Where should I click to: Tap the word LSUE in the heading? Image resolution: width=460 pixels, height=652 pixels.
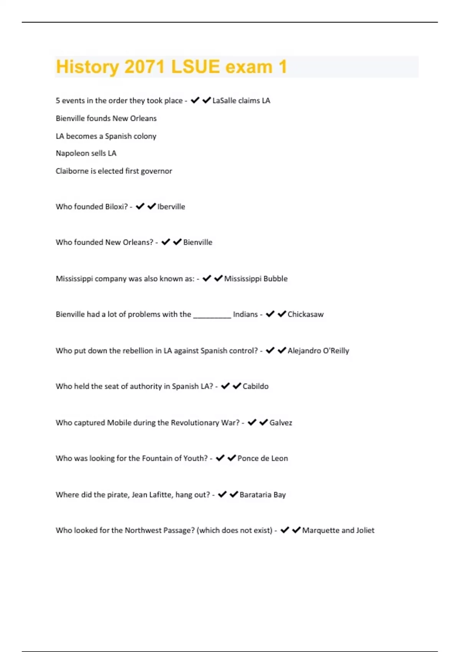click(x=195, y=67)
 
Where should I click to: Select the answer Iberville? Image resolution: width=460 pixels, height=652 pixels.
click(x=171, y=207)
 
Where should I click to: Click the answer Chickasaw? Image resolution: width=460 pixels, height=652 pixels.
click(x=306, y=314)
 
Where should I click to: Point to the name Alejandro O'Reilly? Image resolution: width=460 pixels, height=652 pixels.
click(x=318, y=351)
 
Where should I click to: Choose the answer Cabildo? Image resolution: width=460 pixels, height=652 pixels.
click(x=255, y=386)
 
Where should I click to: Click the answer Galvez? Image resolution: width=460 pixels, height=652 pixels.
click(x=281, y=423)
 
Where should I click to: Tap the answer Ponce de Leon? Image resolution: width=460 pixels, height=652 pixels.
click(x=263, y=458)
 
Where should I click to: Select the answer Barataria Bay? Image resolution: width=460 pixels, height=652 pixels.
click(x=263, y=495)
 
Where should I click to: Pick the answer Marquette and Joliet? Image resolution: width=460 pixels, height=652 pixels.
click(x=338, y=530)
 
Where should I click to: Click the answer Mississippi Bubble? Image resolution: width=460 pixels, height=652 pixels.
click(x=256, y=279)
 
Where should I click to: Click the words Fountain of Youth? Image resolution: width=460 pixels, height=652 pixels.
click(x=174, y=458)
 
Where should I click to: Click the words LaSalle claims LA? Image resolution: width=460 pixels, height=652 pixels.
click(x=241, y=100)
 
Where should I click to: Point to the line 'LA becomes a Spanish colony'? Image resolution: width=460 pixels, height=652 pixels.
click(x=106, y=136)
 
